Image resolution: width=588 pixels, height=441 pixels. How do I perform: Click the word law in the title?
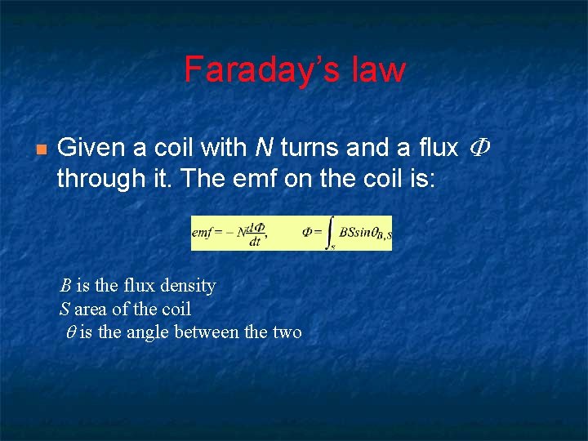[x=378, y=70]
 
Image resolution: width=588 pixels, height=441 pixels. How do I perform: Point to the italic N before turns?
[x=264, y=148]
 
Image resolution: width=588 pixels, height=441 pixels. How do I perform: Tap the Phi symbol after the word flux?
[x=482, y=148]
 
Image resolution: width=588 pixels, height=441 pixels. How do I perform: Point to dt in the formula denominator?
[x=255, y=242]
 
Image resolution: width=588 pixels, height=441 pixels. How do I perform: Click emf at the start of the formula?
[x=203, y=233]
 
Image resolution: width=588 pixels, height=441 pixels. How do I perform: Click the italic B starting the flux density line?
[x=65, y=286]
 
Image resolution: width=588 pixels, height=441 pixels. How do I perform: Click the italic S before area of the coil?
[x=65, y=309]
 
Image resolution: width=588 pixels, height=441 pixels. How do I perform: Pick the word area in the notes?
[x=92, y=309]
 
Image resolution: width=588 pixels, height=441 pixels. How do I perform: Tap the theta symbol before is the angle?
[x=70, y=332]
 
